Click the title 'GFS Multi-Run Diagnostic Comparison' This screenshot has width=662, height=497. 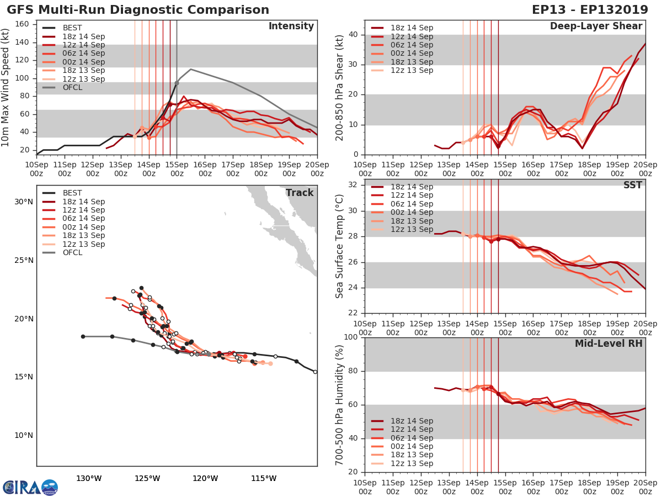coord(138,10)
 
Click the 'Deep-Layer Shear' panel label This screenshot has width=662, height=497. coord(596,27)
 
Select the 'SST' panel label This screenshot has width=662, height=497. coord(632,185)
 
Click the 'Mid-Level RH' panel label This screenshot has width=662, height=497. coord(608,343)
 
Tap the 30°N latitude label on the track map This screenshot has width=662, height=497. coord(23,202)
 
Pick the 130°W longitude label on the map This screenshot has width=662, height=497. coord(89,478)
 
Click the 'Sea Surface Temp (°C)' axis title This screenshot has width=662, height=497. coord(340,246)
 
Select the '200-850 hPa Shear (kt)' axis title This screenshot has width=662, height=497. coord(340,87)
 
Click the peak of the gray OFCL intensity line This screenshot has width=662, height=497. coord(190,70)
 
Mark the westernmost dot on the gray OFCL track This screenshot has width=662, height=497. coord(83,336)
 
